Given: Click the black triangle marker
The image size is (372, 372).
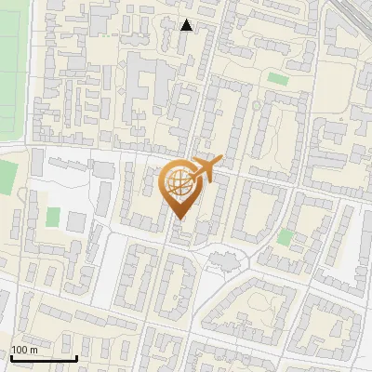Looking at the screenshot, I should coord(187,25).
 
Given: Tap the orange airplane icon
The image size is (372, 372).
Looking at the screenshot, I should coord(206,169).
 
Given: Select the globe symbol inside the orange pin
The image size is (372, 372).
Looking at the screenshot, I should coord(179,184).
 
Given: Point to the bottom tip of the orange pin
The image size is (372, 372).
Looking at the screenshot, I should coord(179,219).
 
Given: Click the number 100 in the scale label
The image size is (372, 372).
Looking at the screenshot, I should coord(19,350).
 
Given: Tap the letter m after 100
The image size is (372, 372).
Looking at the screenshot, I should coord(33,350).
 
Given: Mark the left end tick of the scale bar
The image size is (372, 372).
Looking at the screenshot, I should coord(11,358).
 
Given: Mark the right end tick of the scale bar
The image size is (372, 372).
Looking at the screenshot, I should coord(76,358).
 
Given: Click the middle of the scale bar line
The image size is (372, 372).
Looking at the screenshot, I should coord(44,359).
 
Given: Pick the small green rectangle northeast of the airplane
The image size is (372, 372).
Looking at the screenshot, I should coord(277,79).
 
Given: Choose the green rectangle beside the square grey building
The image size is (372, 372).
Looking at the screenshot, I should coord(53,217).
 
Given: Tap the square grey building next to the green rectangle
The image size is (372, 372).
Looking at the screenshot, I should coord(75,221).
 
